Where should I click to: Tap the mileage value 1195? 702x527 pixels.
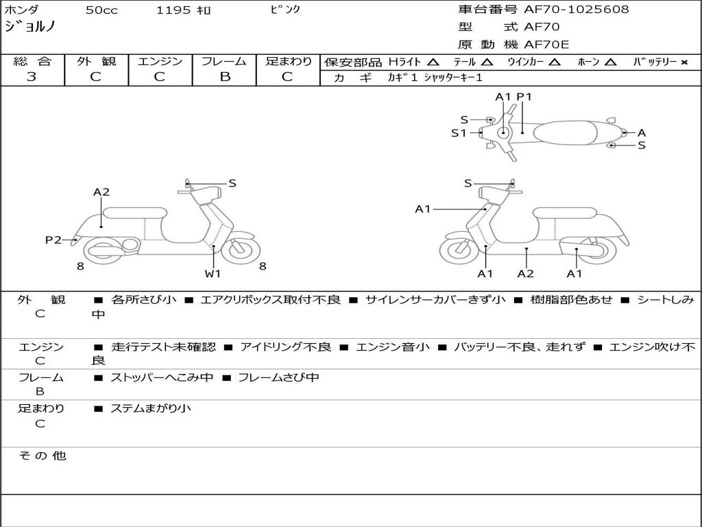click(173, 10)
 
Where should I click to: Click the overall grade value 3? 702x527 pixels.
click(32, 77)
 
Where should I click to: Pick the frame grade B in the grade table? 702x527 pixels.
click(224, 77)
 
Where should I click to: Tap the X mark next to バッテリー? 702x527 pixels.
click(683, 62)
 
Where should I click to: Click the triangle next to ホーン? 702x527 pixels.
click(610, 62)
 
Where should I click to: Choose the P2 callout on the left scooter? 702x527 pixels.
click(53, 239)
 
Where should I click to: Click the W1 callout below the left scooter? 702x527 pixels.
click(213, 274)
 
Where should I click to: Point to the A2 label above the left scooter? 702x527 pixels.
click(101, 192)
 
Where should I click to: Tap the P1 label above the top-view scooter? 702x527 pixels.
click(524, 97)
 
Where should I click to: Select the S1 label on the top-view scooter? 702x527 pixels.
click(459, 133)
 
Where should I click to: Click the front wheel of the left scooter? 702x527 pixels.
click(241, 248)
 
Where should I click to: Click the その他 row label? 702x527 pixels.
click(42, 456)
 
